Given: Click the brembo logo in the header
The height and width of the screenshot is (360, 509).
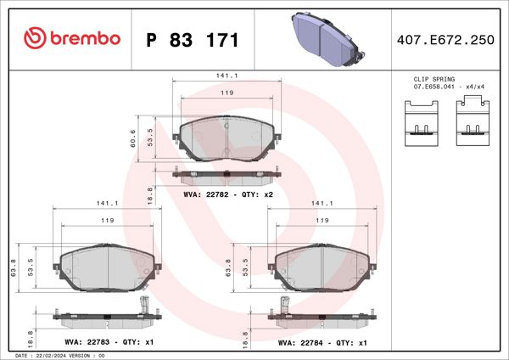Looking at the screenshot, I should click(x=72, y=39).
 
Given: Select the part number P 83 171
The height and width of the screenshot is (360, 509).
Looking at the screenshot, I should click(x=193, y=40).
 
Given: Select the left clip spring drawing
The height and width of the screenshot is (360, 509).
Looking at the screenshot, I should click(x=419, y=120).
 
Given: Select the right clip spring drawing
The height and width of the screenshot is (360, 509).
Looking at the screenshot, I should click(x=471, y=120).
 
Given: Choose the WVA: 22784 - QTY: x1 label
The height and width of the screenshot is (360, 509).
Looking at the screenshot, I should click(x=322, y=343).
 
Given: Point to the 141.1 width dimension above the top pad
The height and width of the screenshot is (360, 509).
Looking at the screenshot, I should click(x=227, y=76).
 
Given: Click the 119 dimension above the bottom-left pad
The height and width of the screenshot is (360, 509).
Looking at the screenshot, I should click(x=108, y=220).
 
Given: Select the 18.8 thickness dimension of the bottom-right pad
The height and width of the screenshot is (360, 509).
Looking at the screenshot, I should click(x=245, y=335).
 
